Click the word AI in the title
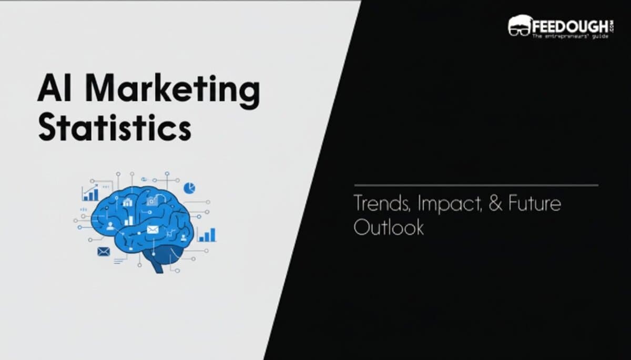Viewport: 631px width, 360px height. coord(53,89)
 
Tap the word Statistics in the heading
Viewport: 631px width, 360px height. coord(114,128)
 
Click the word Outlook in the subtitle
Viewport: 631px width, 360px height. coord(388,227)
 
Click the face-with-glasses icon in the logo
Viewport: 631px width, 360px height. coord(519,26)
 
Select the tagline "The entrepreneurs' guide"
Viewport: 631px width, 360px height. coord(568,36)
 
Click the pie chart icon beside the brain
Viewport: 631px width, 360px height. coord(189,187)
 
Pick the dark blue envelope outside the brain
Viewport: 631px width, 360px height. coord(104,252)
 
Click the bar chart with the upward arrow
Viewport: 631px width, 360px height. coord(90,193)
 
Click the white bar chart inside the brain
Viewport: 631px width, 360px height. coord(129,220)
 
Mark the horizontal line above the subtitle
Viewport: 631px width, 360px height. coord(476,185)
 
